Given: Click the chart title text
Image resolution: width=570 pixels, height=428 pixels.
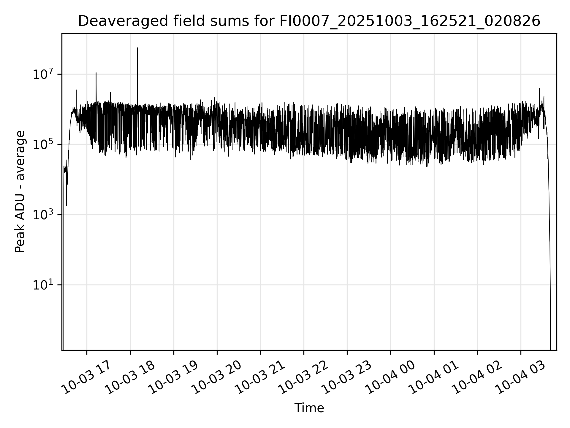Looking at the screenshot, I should [x=309, y=21].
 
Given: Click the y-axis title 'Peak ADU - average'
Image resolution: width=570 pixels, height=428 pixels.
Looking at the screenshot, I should [x=20, y=192].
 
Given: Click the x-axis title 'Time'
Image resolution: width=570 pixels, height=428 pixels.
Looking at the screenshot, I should [x=309, y=408].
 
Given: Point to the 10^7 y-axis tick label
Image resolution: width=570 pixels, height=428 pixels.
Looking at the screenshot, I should [x=42, y=74].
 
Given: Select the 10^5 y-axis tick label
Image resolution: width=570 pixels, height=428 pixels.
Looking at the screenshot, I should [x=42, y=145].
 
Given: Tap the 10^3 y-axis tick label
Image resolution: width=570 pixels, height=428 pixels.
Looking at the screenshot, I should [x=42, y=215].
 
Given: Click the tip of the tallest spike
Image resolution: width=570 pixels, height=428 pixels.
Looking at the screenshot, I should [x=137, y=48].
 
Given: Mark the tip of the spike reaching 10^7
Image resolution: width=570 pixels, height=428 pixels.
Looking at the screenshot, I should [x=96, y=73].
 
